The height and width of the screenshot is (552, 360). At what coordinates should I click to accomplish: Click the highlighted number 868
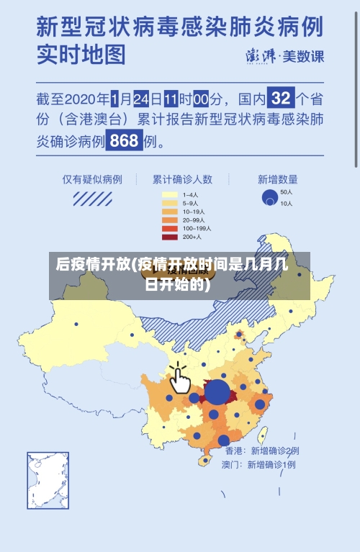tap(124, 141)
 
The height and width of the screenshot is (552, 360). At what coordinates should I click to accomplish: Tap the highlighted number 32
tap(282, 97)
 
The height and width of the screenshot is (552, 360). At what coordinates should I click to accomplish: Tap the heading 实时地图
tap(81, 54)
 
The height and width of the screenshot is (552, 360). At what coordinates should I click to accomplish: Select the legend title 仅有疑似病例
tap(91, 179)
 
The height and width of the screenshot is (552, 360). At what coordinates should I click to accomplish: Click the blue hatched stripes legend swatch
tap(91, 197)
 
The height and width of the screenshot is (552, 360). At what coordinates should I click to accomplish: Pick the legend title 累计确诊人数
tap(181, 179)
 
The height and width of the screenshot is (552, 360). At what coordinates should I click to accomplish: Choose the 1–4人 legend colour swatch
tap(170, 194)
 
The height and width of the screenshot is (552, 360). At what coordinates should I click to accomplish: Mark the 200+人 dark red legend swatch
tap(170, 237)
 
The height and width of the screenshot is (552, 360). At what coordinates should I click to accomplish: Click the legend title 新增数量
tap(277, 179)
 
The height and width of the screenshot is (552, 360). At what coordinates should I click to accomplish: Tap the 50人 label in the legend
tap(286, 192)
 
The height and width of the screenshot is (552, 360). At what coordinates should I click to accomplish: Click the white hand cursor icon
tap(179, 379)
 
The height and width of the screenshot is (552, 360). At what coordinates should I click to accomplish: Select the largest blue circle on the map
tap(217, 393)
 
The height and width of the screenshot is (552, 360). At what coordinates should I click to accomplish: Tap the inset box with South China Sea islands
tap(48, 480)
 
